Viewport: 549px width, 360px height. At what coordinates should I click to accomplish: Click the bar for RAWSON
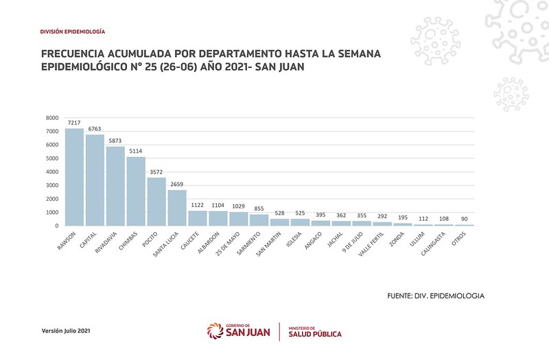[x=74, y=177]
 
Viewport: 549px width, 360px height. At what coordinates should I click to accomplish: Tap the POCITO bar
[x=156, y=202]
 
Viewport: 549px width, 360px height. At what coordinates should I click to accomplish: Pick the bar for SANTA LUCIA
[x=177, y=208]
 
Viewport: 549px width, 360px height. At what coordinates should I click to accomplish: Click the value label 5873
[x=115, y=141]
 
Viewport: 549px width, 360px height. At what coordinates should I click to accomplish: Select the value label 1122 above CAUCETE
[x=198, y=205]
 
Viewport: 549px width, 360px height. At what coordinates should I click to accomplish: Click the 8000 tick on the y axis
[x=53, y=118]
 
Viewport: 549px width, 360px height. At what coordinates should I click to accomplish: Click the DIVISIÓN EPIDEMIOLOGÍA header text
[x=73, y=32]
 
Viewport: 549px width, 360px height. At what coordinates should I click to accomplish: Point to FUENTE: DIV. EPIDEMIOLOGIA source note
[x=436, y=296]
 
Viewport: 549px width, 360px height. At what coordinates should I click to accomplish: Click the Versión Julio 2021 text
[x=66, y=331]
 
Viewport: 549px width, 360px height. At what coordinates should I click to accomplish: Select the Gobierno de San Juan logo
[x=238, y=331]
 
